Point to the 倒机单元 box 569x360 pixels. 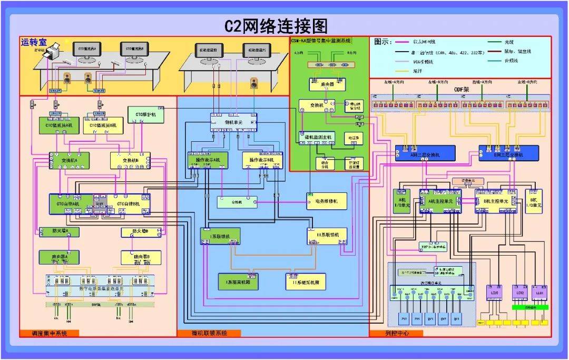(x=233, y=122)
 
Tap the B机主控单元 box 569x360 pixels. (x=496, y=201)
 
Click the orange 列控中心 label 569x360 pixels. (x=396, y=333)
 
